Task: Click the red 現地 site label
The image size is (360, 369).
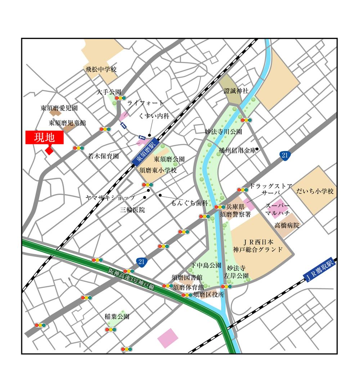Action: click(x=45, y=138)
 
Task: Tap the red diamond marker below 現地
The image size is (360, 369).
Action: click(x=49, y=150)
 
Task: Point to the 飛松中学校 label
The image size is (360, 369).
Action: click(x=101, y=70)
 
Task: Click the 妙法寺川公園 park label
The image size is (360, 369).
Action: click(x=223, y=132)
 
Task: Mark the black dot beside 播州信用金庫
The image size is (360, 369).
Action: click(x=257, y=149)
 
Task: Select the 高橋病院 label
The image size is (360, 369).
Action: click(x=287, y=226)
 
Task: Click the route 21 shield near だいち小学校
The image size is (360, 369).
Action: click(x=284, y=156)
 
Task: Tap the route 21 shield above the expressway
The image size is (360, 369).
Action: click(x=141, y=262)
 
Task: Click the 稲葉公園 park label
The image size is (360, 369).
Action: click(x=117, y=317)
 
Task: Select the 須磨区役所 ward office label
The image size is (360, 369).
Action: click(x=209, y=294)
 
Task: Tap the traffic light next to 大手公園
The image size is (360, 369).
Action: click(x=120, y=98)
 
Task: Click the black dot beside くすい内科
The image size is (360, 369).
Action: click(x=149, y=135)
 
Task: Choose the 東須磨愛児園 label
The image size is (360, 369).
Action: click(x=59, y=108)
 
